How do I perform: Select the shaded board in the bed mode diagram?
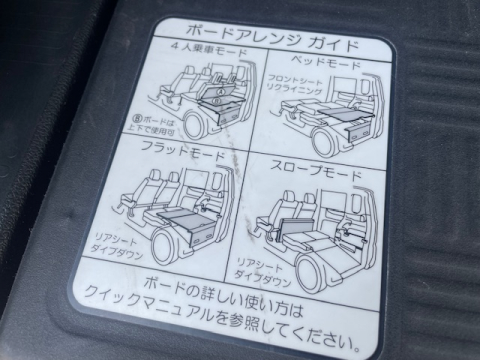click(342, 113)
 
